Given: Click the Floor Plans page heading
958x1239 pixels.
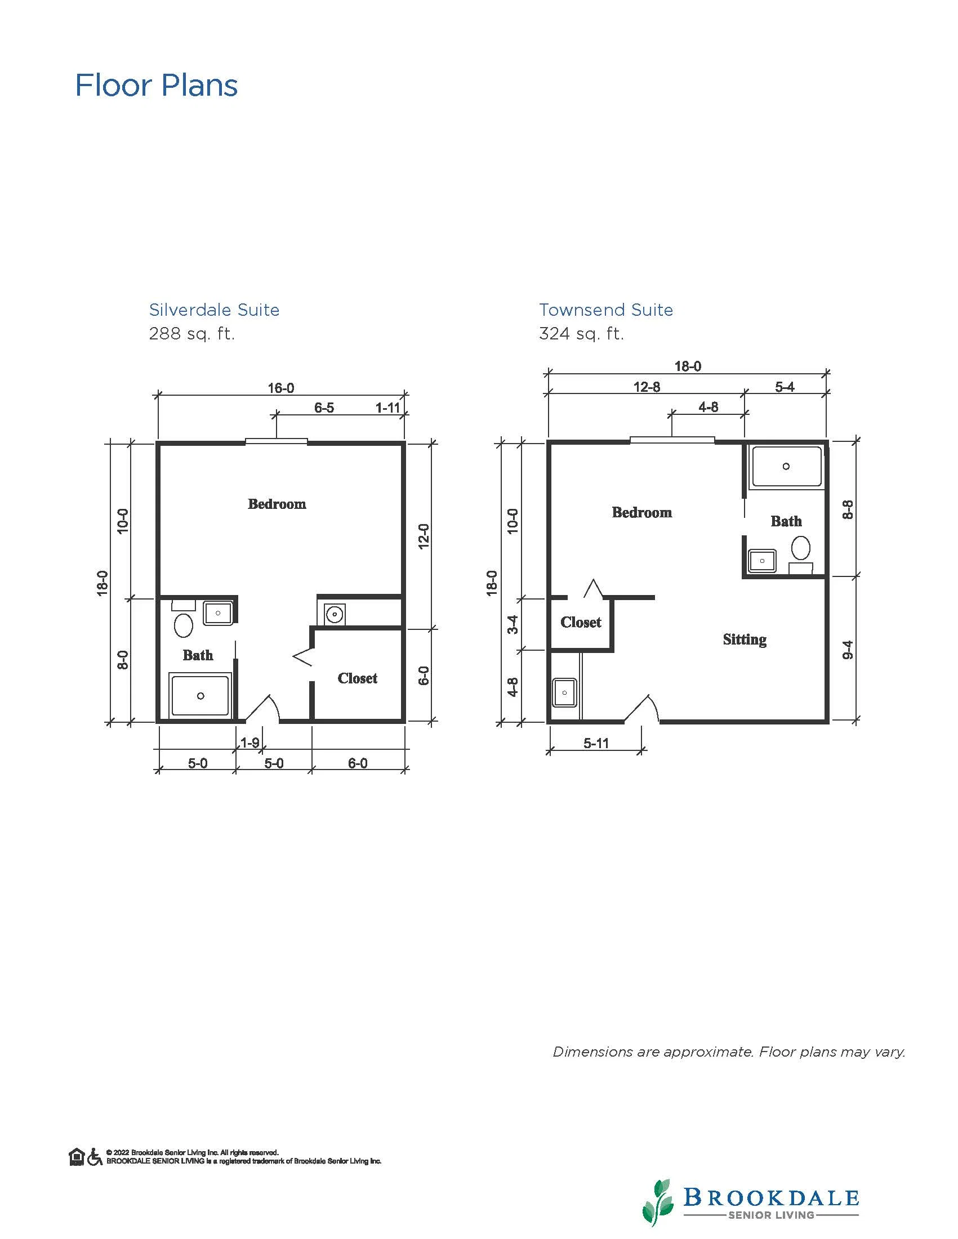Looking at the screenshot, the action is (x=156, y=86).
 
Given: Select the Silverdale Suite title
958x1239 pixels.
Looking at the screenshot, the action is (x=214, y=310).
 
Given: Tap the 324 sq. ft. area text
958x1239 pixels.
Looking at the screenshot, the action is (x=581, y=334).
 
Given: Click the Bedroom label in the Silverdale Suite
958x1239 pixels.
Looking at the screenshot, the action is (x=277, y=504).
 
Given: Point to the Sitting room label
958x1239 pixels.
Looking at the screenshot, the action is (x=745, y=640).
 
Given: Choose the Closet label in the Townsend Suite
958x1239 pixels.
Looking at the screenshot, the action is (x=581, y=623).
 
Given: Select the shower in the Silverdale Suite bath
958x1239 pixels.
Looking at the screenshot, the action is (x=200, y=696).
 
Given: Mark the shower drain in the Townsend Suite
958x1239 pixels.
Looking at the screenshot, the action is (x=786, y=466).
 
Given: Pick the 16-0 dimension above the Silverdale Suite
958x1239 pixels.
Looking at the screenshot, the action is (x=281, y=388).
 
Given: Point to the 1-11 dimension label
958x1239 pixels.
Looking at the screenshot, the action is (x=388, y=408).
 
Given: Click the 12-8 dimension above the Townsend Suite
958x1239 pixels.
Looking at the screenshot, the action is (x=647, y=387).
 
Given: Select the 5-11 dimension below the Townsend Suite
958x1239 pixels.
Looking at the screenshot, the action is (x=596, y=743).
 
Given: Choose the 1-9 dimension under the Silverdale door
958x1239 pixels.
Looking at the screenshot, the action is (x=250, y=742).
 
